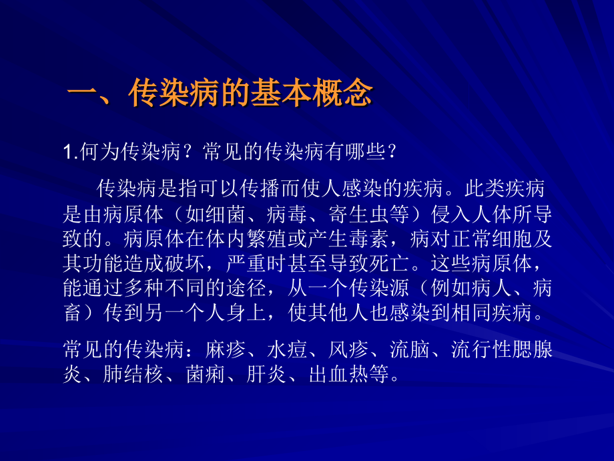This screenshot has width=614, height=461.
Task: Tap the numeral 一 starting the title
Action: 83,94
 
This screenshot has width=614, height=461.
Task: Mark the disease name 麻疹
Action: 223,349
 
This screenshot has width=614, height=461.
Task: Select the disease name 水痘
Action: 285,349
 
